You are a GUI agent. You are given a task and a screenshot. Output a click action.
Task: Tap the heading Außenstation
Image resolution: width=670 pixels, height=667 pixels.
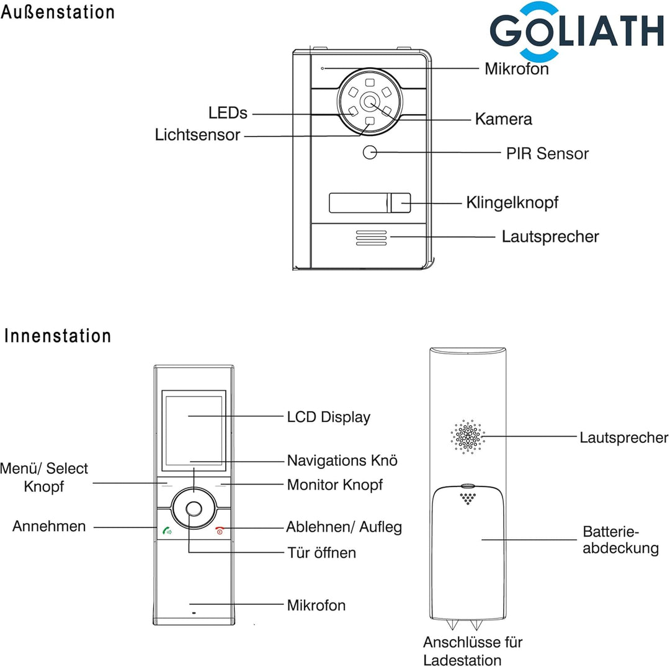[58, 12]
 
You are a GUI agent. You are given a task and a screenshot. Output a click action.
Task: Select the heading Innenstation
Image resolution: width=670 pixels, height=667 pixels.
[58, 336]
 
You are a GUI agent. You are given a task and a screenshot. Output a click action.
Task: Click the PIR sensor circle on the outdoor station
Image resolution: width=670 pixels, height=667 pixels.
[370, 152]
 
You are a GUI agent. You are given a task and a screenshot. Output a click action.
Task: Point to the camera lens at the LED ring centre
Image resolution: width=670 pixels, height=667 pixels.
[370, 102]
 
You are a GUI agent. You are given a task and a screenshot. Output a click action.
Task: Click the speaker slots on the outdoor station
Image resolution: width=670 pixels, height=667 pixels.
[371, 238]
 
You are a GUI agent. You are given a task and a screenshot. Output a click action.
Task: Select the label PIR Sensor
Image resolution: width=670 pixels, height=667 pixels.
[547, 153]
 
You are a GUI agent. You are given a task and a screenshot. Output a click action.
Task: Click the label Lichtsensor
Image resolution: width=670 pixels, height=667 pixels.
[197, 135]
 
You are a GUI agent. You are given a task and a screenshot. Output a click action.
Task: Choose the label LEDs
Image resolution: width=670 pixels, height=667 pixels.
[228, 113]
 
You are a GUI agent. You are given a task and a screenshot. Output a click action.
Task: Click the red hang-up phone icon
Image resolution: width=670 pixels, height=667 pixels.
[220, 530]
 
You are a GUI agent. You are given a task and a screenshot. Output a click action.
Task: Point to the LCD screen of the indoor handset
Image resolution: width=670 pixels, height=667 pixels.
[192, 429]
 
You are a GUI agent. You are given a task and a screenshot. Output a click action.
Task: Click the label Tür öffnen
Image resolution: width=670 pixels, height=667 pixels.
[321, 552]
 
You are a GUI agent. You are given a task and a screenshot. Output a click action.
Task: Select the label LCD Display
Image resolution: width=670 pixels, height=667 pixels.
[328, 417]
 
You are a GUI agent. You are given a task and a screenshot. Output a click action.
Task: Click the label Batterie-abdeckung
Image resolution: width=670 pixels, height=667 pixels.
[620, 540]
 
